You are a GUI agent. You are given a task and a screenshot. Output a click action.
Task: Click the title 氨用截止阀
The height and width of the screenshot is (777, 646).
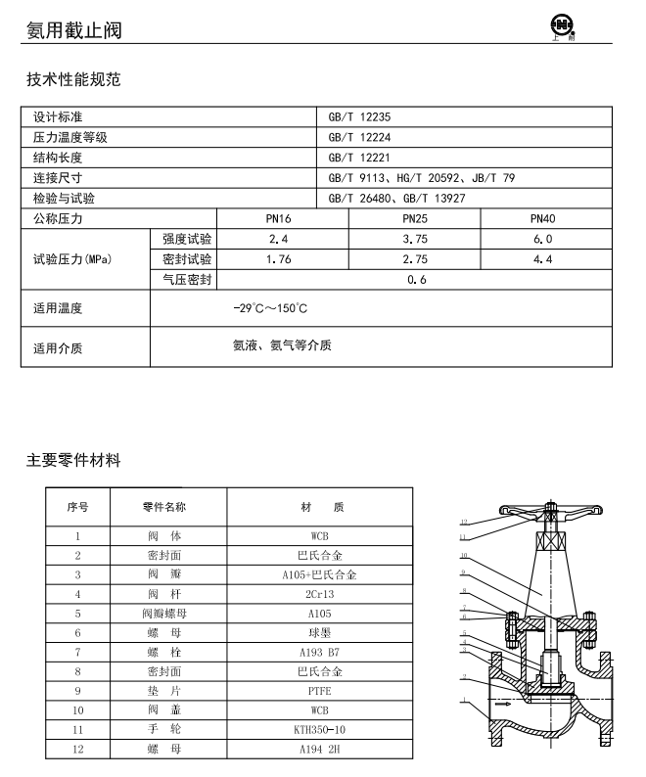coord(73,30)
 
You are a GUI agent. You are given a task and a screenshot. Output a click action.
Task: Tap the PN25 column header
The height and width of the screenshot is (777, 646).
coord(415,218)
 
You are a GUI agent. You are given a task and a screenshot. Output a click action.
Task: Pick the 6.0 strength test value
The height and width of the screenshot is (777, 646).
coord(542,239)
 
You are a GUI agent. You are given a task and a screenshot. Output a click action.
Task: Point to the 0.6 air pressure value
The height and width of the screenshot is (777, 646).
coord(415,280)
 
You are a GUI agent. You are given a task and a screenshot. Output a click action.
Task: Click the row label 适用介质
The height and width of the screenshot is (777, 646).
coord(58,347)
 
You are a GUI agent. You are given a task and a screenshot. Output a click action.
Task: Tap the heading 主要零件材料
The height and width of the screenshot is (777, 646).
coord(73,460)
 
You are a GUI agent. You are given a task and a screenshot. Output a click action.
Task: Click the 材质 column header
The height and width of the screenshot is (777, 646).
coord(319,507)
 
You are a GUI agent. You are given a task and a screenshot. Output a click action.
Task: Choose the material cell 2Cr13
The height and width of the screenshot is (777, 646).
coord(319,594)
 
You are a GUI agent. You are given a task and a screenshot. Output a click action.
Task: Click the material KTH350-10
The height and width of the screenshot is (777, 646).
coord(319,730)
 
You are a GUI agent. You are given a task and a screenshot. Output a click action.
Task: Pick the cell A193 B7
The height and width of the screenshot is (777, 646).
coord(319,652)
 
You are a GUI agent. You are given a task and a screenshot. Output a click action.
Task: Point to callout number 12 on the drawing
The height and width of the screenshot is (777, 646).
coord(465,522)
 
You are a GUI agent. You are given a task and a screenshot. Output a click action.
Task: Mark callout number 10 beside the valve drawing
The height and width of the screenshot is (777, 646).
coord(465,556)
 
